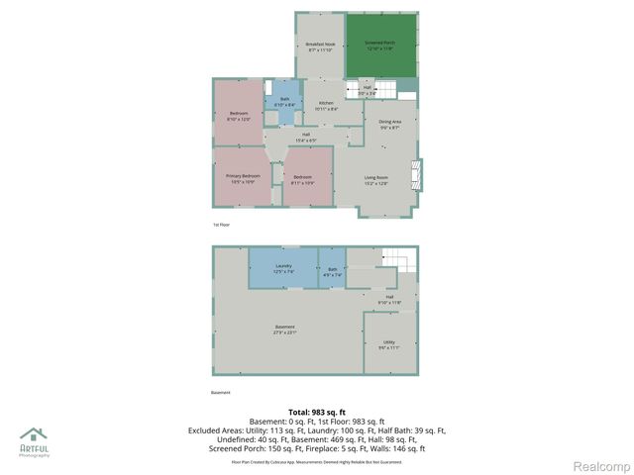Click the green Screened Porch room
click(x=381, y=45)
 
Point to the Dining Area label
click(x=389, y=124)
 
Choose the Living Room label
click(x=375, y=180)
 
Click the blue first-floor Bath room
click(x=284, y=102)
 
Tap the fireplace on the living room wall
click(x=417, y=175)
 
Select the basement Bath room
click(x=332, y=267)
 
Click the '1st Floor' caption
click(x=221, y=225)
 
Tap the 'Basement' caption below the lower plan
click(x=221, y=392)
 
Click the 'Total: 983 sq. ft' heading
click(x=316, y=412)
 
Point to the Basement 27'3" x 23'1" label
click(x=285, y=330)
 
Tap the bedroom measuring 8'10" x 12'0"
click(x=239, y=116)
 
